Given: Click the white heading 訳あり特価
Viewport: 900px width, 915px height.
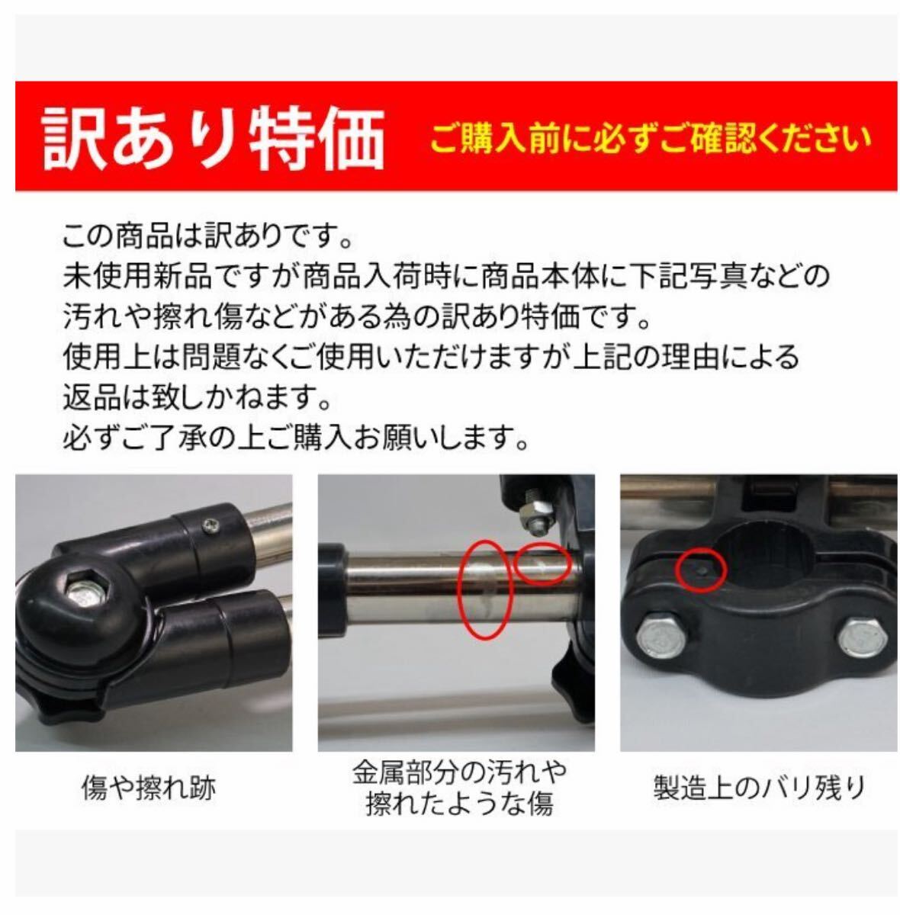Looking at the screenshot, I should (213, 138).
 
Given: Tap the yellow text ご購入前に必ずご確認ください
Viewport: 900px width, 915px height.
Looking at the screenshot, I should (650, 139).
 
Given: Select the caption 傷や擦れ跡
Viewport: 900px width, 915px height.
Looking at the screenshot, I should (149, 788).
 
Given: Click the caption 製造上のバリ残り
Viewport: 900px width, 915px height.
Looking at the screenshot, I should (760, 788).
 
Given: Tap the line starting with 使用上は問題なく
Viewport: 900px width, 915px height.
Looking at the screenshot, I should (431, 356).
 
